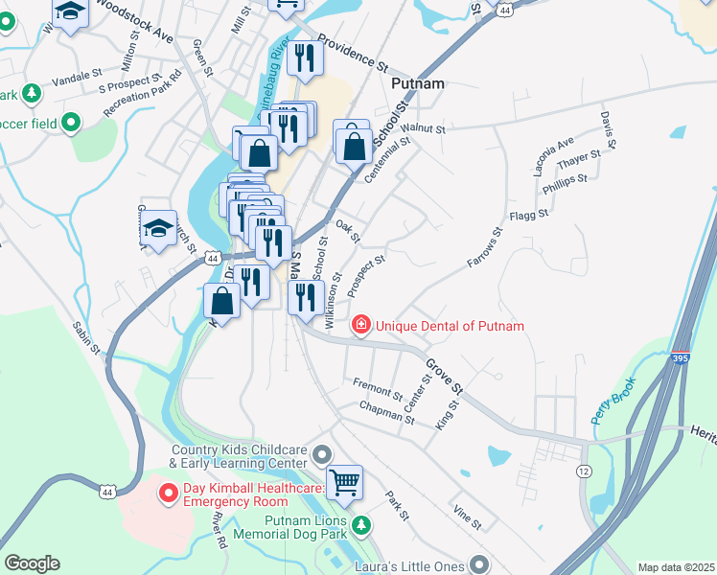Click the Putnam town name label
coord(418,84)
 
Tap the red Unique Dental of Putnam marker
coord(361,326)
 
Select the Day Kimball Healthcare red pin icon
coord(169,494)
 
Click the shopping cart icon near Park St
coord(345,480)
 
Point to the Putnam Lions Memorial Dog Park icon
coord(360,525)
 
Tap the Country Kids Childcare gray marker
coord(322,453)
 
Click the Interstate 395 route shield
coord(679,357)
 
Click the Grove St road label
coord(444,378)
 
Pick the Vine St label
coord(467,518)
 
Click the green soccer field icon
coord(70,123)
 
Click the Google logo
coord(32,563)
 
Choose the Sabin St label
coord(86,339)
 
